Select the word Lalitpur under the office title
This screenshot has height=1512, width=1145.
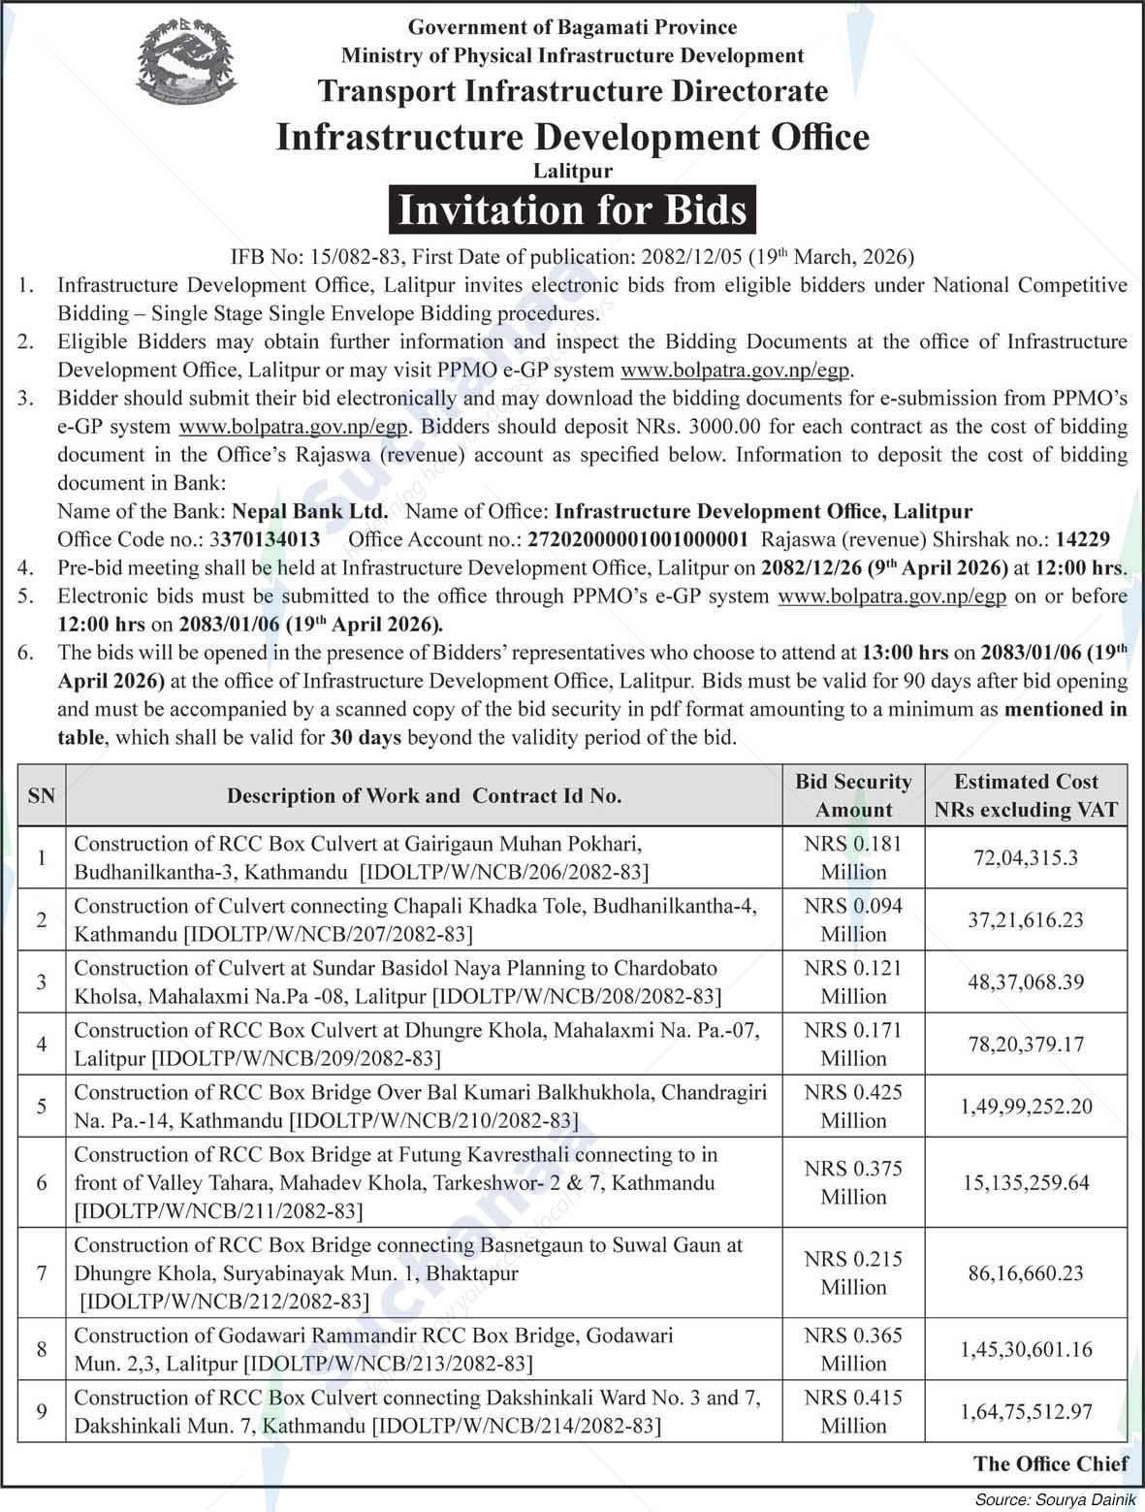572,171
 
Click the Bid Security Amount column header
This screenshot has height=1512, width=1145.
853,795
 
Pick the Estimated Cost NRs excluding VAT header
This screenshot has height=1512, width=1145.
1026,795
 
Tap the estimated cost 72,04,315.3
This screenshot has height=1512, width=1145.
1026,857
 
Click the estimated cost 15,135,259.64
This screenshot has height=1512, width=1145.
1026,1182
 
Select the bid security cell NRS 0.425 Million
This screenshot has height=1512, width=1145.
853,1106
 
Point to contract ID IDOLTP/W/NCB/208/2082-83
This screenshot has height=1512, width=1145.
577,996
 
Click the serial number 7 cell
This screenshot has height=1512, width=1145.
42,1272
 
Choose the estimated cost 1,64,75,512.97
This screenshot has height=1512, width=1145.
1026,1411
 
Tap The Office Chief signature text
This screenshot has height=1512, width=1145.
1050,1464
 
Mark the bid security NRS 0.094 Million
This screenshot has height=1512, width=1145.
853,919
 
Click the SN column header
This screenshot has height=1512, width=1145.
42,795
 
